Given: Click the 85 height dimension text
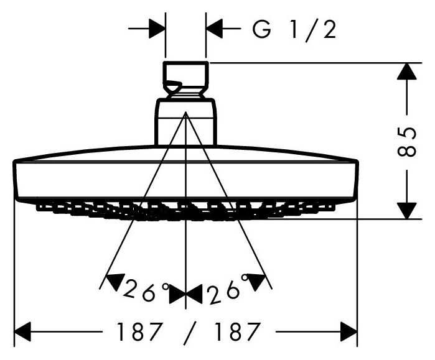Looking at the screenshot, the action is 407,142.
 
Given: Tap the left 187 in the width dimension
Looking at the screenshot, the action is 139,331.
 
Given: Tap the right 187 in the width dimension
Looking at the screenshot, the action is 238,331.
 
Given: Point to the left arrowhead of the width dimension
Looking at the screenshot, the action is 22,331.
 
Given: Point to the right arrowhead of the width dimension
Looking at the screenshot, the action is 349,331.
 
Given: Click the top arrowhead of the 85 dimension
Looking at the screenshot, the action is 407,72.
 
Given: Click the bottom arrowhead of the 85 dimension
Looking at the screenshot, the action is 407,210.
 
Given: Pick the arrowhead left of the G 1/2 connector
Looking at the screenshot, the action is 157,28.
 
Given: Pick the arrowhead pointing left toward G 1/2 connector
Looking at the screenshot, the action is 214,28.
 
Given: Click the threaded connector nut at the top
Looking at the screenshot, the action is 185,80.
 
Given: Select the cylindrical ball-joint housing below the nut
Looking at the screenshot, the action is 185,122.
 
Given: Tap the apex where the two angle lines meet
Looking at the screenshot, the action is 185,112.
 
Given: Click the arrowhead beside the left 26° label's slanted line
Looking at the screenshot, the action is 116,282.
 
